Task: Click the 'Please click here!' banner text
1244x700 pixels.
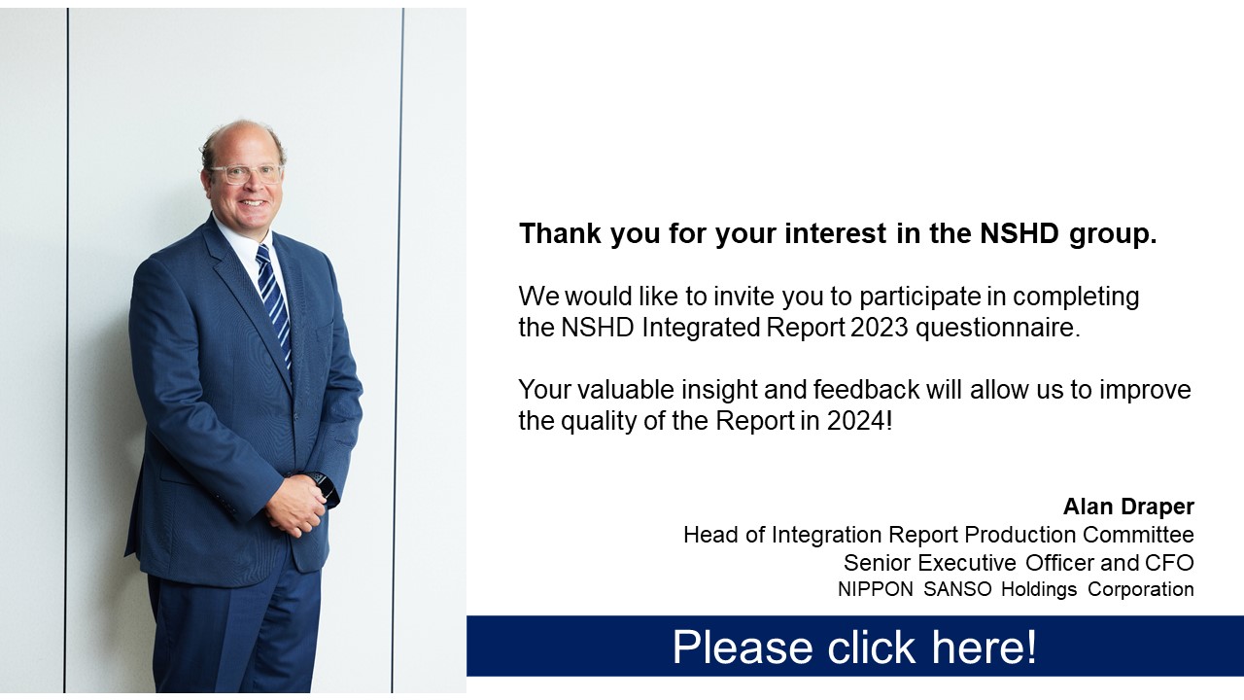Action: (x=854, y=647)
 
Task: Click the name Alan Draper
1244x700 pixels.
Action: (x=1128, y=507)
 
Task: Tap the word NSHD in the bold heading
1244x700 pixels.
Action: (x=1019, y=232)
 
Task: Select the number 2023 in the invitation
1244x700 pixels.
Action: (x=880, y=328)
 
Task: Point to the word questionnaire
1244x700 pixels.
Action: (x=998, y=328)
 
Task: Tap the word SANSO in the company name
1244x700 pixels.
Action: (x=957, y=589)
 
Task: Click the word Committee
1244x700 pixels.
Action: (x=1138, y=535)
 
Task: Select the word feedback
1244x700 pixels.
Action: (x=866, y=390)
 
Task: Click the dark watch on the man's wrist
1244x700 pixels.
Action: (x=325, y=486)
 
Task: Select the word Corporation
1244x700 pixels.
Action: (x=1141, y=589)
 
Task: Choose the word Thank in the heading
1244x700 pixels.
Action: (x=561, y=232)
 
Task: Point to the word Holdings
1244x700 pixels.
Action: (x=1039, y=589)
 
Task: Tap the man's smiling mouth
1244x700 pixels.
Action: (x=253, y=203)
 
